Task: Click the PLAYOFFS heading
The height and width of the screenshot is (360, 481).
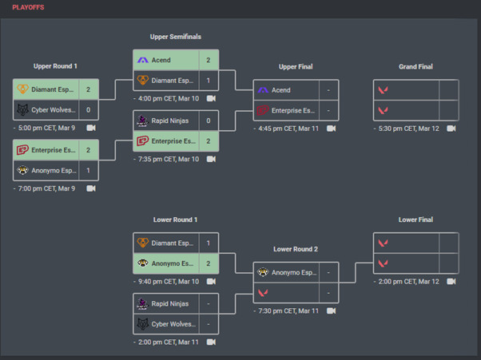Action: [28, 7]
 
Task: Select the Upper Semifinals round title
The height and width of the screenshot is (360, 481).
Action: [175, 37]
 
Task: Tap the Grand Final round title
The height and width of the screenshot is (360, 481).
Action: [415, 67]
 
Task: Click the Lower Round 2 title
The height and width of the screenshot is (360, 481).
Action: [296, 249]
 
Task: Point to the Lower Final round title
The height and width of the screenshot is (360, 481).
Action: [415, 220]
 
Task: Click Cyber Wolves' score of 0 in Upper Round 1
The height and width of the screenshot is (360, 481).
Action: [88, 110]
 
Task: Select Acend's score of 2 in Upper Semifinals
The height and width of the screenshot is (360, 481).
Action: [209, 60]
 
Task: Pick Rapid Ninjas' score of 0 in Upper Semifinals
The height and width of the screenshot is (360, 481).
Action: [209, 121]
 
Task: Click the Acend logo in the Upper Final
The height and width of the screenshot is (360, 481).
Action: [263, 90]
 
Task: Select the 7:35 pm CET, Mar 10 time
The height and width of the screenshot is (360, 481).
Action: [169, 159]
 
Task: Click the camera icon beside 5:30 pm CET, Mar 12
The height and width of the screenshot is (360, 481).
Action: [451, 128]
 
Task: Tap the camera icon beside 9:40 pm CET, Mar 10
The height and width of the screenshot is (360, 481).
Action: [211, 281]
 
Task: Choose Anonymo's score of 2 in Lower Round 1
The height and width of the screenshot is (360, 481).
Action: [209, 263]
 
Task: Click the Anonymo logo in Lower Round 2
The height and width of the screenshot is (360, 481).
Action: [263, 272]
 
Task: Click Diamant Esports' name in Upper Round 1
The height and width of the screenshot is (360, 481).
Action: [54, 90]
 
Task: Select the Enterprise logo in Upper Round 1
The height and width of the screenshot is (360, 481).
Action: [22, 150]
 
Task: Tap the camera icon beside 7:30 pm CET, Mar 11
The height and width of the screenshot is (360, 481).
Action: [331, 311]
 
